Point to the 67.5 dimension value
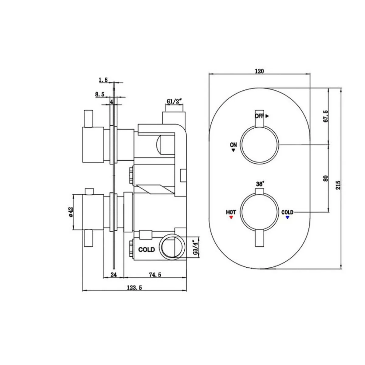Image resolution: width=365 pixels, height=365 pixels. pos(326,116)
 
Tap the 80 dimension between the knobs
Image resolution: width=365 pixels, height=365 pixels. pos(326,178)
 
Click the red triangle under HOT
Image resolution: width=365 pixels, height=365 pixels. pos(231,218)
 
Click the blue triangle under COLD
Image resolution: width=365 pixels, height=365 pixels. pos(287,218)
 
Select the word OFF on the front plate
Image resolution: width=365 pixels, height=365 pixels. pos(259,116)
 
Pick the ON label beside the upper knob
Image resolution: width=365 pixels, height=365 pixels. pos(233,145)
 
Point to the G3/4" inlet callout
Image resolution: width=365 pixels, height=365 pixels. pos(196,248)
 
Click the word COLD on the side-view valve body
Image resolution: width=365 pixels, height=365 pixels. pos(147,250)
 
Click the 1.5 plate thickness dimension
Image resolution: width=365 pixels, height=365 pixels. pos(103,80)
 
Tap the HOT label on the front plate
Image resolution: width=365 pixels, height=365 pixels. pos(231,212)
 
